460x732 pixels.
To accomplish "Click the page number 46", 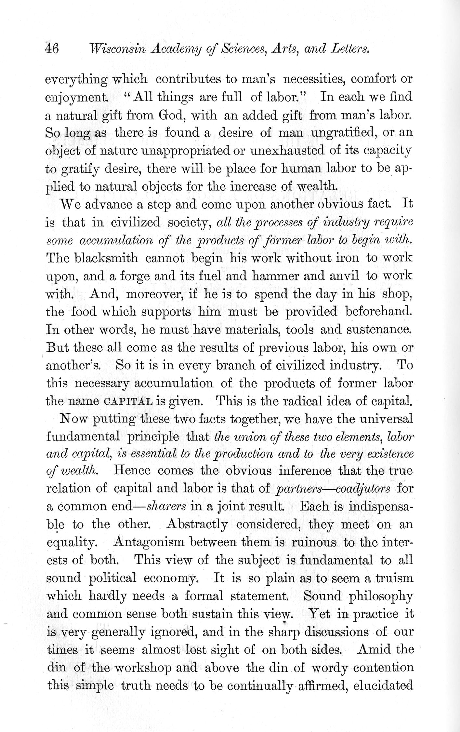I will coord(52,49).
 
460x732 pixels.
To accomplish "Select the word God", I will coord(172,115).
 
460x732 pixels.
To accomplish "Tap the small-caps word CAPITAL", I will coord(128,401).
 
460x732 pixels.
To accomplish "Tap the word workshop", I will coord(143,668).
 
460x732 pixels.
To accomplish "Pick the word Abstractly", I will coord(197,524).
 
